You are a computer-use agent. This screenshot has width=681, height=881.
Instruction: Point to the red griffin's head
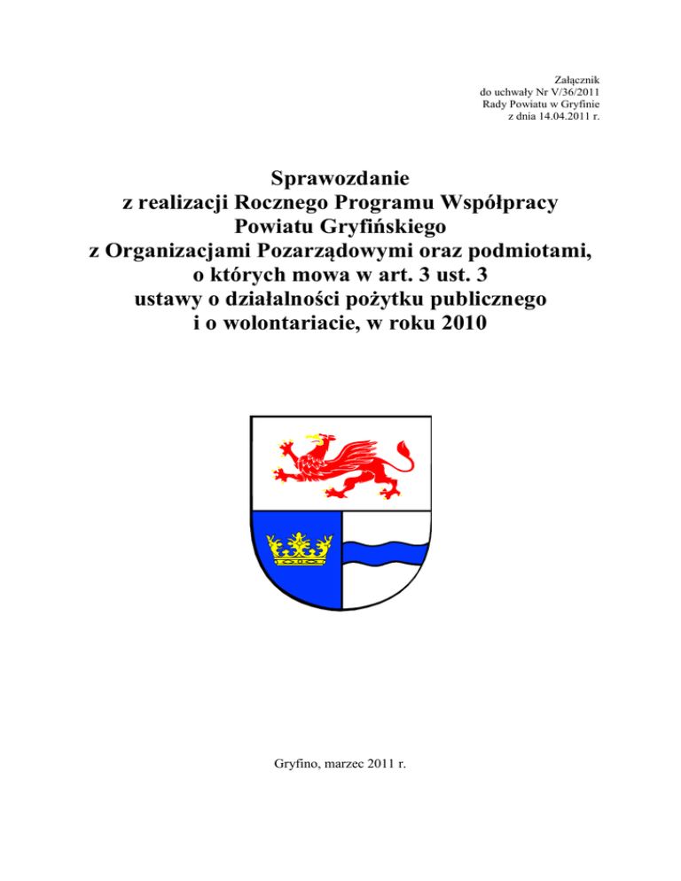click(x=317, y=440)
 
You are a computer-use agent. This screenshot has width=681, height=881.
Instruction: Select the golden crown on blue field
click(x=298, y=549)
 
